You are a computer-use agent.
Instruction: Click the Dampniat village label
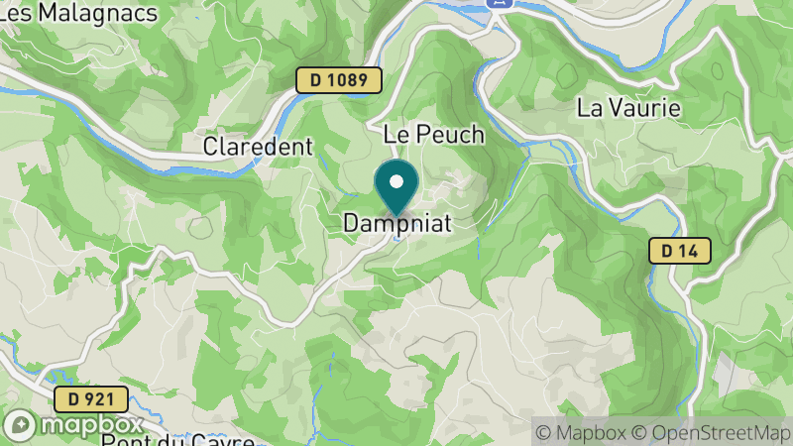[x=396, y=225]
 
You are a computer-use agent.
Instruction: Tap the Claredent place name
[x=258, y=147]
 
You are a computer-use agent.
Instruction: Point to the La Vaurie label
[x=628, y=108]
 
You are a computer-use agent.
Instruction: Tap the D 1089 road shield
[x=338, y=80]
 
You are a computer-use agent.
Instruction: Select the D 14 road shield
[x=681, y=251]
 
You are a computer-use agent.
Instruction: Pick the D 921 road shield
[x=90, y=400]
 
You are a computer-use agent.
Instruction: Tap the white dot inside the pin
[x=396, y=181]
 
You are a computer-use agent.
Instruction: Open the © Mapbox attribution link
[x=583, y=432]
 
